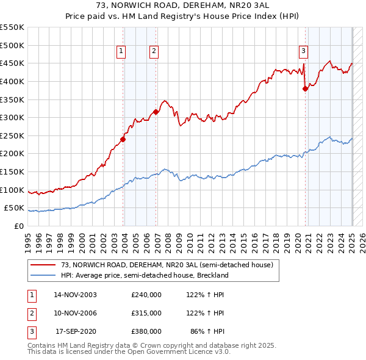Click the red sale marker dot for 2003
coord(123,139)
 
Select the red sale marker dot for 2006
coord(156,112)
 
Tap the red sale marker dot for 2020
coord(305,88)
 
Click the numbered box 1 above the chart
coord(121,51)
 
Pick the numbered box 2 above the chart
coord(154,51)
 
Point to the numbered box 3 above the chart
coord(303,51)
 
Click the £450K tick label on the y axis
coord(12,63)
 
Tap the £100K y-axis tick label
coord(12,190)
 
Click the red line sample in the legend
coord(43,265)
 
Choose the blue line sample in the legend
coord(43,275)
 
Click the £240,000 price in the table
coord(146,294)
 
